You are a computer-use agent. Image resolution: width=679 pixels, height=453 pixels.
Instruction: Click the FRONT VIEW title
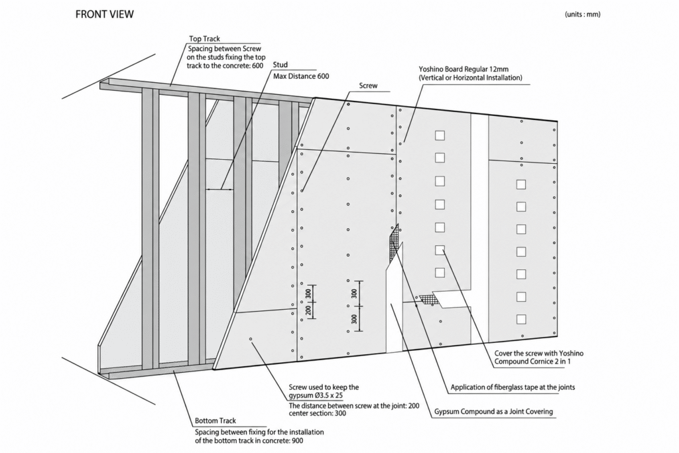[104, 15]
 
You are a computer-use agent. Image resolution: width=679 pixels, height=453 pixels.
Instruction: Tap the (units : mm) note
[582, 15]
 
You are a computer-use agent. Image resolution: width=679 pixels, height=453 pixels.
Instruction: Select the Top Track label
[204, 38]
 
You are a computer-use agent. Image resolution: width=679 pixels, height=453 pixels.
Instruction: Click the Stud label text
[280, 64]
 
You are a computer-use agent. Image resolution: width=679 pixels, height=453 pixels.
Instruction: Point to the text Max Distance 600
[301, 76]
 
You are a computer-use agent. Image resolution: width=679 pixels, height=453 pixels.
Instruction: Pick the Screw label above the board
[368, 86]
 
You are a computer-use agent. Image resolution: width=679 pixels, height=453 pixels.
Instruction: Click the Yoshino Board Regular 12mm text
[463, 69]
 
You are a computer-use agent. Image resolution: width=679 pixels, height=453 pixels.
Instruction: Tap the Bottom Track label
[216, 421]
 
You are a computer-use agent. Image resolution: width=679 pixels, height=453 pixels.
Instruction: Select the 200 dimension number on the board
[308, 310]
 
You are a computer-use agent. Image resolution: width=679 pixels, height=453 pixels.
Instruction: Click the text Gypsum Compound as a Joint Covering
[493, 411]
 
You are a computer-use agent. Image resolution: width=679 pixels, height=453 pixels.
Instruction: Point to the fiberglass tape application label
[513, 387]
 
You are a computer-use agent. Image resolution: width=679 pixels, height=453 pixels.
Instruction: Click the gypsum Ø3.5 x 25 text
[316, 395]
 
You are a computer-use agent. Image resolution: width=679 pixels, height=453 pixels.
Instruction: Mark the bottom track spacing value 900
[297, 441]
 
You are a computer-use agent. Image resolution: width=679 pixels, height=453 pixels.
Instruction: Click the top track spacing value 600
[257, 66]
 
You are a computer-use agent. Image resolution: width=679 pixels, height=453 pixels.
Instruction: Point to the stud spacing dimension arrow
[220, 189]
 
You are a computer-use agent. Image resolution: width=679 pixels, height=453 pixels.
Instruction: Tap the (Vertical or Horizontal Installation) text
[470, 78]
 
